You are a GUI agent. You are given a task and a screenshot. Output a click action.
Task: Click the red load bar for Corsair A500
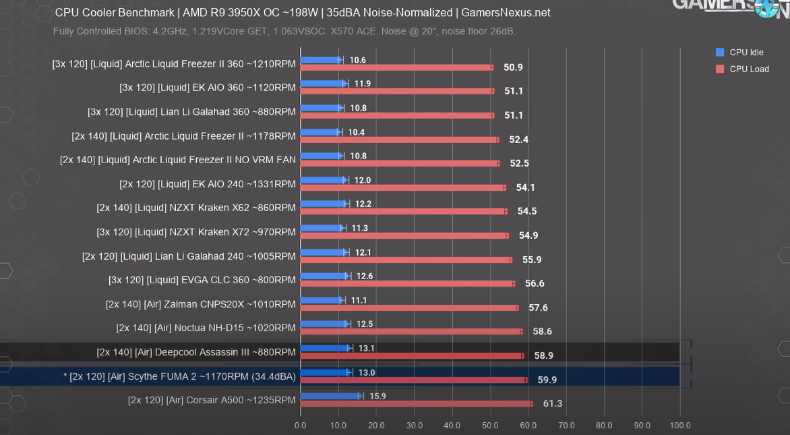(416, 404)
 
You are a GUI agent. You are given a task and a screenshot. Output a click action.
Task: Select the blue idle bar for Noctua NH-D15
(324, 324)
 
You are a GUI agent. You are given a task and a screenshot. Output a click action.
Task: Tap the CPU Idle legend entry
(746, 53)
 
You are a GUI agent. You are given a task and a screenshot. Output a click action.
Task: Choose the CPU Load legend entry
(748, 69)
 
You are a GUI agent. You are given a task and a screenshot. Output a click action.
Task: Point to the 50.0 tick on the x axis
(490, 426)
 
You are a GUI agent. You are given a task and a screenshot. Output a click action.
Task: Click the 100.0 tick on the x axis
(679, 426)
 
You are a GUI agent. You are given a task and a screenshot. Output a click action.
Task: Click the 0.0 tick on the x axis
(301, 426)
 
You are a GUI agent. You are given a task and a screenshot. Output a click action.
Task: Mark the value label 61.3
(553, 404)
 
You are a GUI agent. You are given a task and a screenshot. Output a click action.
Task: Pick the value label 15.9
(377, 396)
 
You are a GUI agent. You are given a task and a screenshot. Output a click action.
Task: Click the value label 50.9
(513, 67)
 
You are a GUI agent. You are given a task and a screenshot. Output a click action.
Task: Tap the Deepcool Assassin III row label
(196, 352)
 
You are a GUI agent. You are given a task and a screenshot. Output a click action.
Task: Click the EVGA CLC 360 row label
(202, 280)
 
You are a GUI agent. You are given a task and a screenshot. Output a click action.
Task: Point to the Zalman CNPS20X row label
(201, 304)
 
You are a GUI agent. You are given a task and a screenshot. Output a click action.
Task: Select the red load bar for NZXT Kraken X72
(404, 235)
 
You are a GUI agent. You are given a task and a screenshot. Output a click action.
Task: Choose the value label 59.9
(547, 380)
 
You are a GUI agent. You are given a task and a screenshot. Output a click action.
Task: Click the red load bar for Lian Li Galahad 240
(405, 260)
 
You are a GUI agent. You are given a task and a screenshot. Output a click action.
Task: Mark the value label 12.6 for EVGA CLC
(365, 276)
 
